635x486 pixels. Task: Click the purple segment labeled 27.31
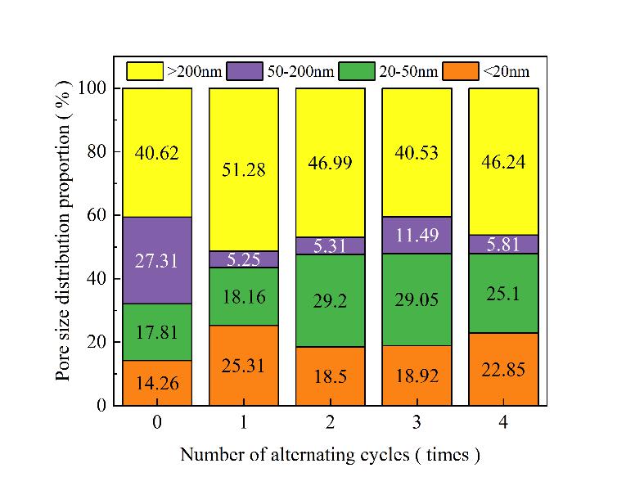click(x=157, y=260)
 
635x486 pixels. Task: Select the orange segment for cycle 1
click(x=244, y=365)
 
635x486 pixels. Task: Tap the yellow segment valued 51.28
click(x=244, y=169)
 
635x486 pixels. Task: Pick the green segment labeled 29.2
click(x=331, y=300)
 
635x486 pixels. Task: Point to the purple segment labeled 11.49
click(x=417, y=235)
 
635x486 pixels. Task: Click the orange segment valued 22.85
click(x=503, y=369)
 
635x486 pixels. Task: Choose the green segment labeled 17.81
click(x=157, y=332)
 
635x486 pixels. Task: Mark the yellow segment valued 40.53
click(x=417, y=152)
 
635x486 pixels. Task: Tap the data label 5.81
click(x=503, y=243)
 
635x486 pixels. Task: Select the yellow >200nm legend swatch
click(x=145, y=71)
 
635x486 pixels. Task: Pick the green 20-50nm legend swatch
click(x=357, y=71)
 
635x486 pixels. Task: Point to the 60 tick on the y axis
click(x=113, y=215)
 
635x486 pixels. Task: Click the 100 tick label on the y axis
click(x=92, y=88)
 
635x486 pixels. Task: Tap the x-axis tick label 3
click(x=417, y=423)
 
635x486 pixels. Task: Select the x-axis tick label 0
click(x=157, y=423)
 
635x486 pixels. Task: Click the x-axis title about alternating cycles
click(x=330, y=455)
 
